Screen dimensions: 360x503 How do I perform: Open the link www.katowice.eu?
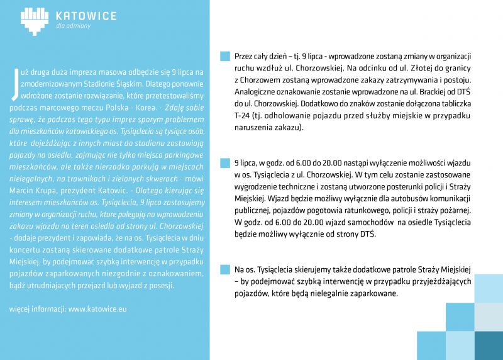97,310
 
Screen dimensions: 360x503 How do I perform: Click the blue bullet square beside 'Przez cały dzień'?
225,55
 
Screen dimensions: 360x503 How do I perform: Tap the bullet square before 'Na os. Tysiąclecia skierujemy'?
225,270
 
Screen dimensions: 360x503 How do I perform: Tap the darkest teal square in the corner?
489,345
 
